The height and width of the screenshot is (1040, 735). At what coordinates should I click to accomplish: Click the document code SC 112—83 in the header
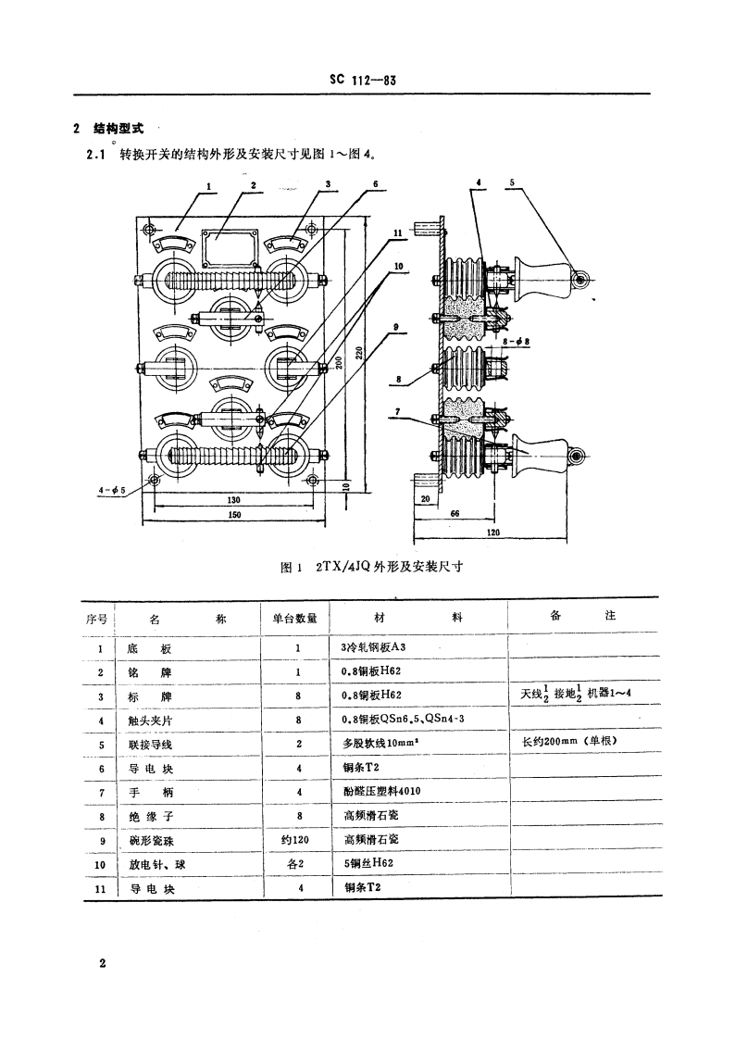[362, 81]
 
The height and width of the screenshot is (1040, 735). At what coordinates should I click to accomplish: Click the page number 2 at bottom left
[103, 963]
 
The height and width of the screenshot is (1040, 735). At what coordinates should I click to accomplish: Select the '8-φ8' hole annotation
[515, 342]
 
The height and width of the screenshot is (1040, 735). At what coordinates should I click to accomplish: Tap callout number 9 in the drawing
[395, 326]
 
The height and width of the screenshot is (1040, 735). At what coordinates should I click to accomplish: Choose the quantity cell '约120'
[297, 841]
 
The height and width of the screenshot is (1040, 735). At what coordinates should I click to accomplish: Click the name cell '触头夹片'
[151, 720]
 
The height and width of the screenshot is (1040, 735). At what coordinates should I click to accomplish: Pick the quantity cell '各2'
[297, 865]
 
